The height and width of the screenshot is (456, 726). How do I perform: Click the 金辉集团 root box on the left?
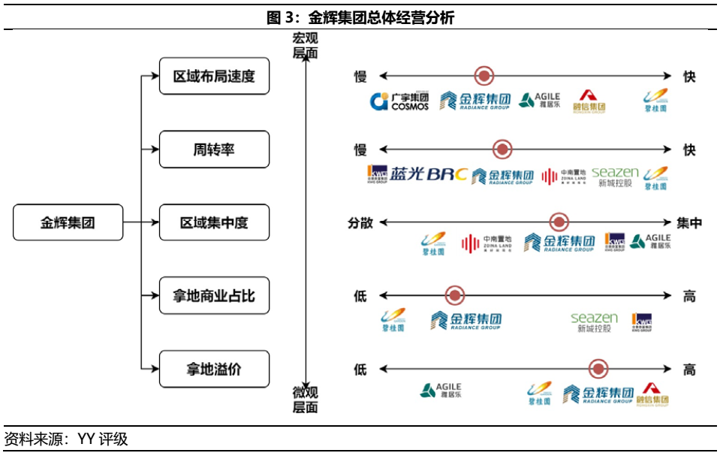pos(68,222)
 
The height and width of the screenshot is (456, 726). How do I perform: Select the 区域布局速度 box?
pos(214,77)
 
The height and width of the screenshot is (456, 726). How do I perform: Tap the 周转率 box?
pos(214,149)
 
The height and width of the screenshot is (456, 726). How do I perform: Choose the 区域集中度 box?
pos(214,222)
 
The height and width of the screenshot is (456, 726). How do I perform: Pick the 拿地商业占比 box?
pos(214,296)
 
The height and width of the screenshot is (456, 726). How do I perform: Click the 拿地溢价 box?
pos(214,369)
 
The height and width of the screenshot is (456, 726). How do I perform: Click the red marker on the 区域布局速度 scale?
pos(484,76)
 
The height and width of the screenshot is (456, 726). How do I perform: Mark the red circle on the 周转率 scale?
pos(502,149)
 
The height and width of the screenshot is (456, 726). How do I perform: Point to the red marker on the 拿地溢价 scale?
pos(598,369)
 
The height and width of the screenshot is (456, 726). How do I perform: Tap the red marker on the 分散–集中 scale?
pos(559,222)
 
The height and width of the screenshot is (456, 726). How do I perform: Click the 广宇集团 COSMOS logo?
pos(399,101)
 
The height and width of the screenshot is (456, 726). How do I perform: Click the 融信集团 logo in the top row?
pos(589,101)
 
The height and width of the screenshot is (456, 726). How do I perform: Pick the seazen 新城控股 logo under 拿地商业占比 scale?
pos(594,322)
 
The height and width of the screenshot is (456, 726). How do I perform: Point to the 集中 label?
pos(689,222)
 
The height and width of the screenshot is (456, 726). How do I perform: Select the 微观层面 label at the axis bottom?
pos(306,400)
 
